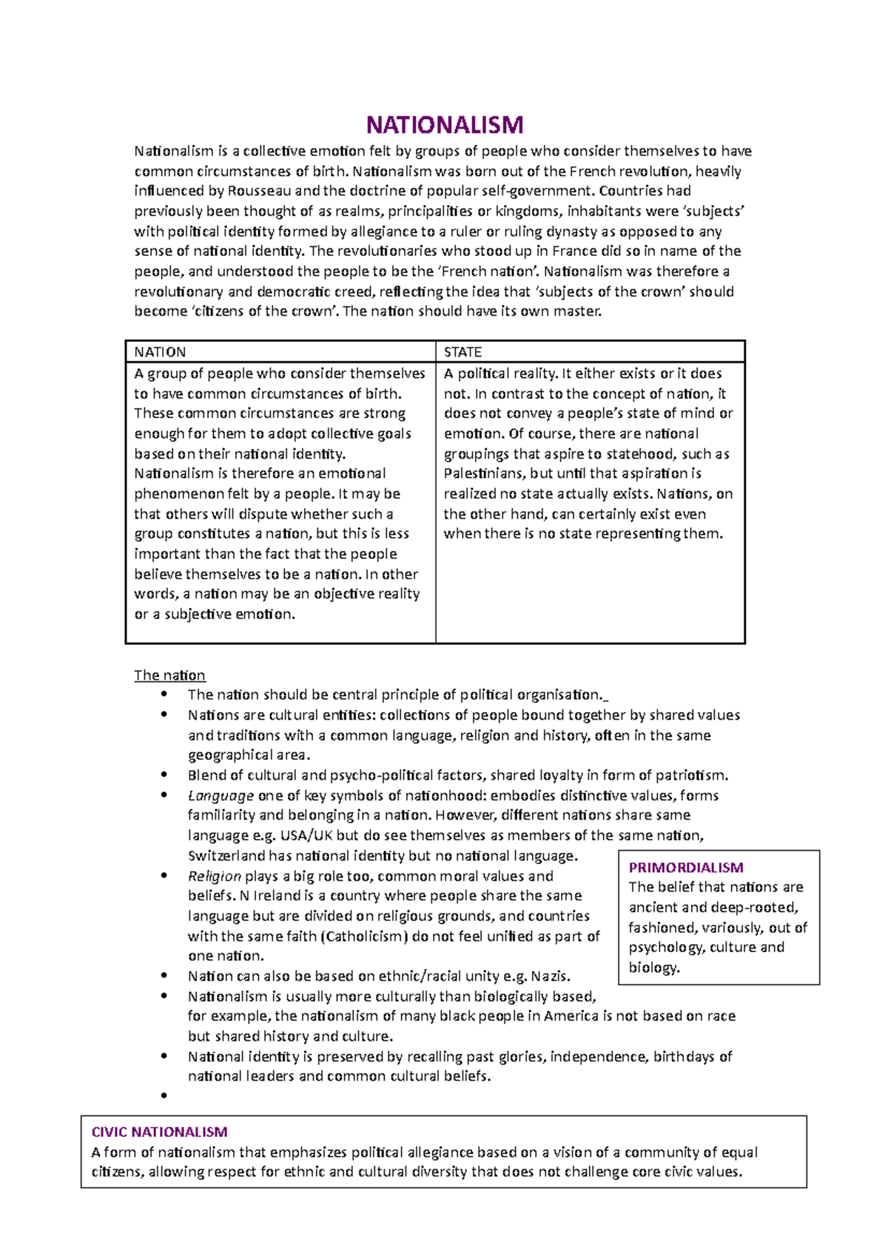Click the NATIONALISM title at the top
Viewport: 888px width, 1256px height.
coord(445,124)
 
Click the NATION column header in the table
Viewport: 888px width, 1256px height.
coord(160,352)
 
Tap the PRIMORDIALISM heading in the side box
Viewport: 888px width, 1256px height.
coord(686,868)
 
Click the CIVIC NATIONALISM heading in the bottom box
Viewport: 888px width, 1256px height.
coord(159,1132)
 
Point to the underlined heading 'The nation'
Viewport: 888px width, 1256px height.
coord(169,675)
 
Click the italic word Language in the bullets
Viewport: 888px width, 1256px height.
coord(221,796)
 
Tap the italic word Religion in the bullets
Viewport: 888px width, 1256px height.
coord(214,877)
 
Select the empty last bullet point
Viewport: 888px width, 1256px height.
coord(164,1096)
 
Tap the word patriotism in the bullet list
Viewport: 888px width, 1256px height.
coord(692,776)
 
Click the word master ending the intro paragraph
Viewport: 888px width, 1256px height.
coord(580,311)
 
